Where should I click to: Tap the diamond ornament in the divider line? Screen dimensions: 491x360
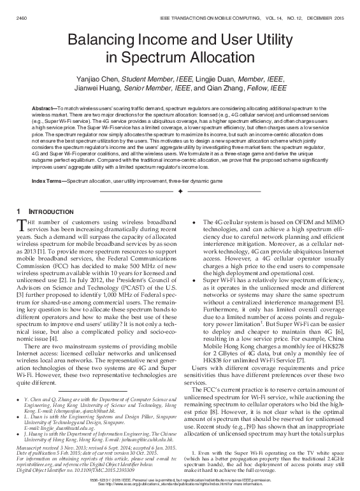pyautogui.click(x=180, y=191)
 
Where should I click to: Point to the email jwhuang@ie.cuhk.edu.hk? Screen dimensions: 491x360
pyautogui.click(x=150, y=421)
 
